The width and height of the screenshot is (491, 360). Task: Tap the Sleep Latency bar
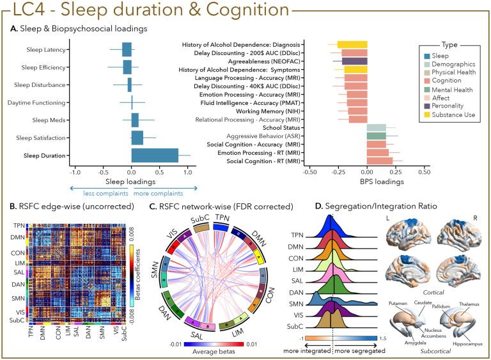127,49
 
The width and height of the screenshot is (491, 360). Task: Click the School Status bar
377,128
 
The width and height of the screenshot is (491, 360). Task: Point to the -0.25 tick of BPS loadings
337,172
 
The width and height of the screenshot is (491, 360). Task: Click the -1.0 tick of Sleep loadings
75,172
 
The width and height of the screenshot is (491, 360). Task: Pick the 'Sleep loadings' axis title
132,181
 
